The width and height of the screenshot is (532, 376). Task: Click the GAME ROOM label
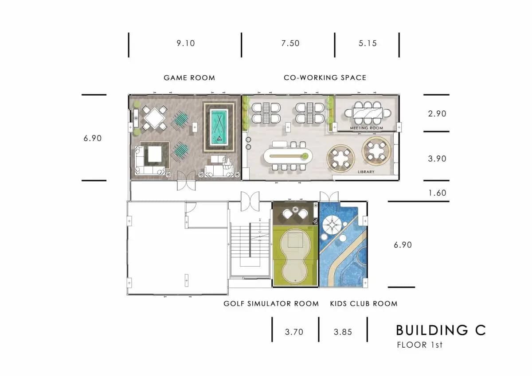[189, 78]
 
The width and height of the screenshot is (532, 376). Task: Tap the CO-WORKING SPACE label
[325, 78]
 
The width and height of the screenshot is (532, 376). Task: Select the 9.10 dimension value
[185, 43]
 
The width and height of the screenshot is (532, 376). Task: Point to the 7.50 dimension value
[290, 43]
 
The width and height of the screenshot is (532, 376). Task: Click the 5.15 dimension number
[368, 43]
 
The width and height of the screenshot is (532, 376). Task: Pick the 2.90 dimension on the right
[437, 114]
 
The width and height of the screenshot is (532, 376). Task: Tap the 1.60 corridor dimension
[437, 193]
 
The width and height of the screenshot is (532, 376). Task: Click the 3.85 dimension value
[343, 332]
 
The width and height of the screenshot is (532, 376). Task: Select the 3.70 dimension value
[294, 332]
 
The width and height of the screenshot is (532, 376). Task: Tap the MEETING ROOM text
[367, 128]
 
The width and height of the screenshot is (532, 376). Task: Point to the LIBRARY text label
[366, 172]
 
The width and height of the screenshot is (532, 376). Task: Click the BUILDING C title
[441, 330]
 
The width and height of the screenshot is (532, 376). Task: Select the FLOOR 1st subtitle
[420, 345]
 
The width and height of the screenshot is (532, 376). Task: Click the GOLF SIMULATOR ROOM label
[271, 304]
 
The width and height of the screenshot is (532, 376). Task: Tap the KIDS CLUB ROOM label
[364, 304]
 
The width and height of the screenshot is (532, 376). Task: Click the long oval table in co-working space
[288, 156]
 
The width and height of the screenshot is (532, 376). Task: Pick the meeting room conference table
[368, 113]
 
